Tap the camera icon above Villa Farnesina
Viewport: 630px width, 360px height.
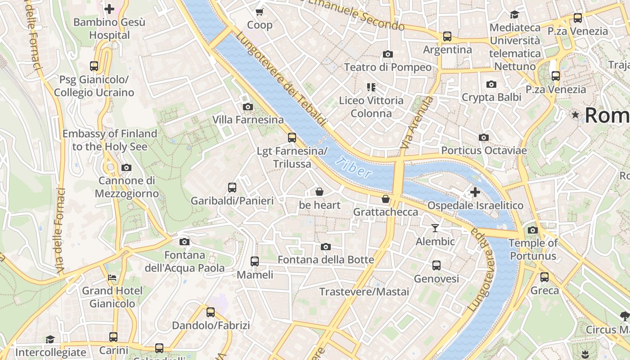pyautogui.click(x=247, y=107)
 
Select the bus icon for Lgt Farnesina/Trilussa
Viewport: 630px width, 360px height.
pyautogui.click(x=292, y=138)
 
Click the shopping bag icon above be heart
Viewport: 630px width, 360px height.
pyautogui.click(x=319, y=192)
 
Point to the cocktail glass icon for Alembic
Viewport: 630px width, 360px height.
pyautogui.click(x=435, y=228)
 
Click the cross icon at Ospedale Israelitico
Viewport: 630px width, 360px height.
pyautogui.click(x=475, y=193)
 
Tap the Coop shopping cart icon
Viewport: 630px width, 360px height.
pyautogui.click(x=260, y=12)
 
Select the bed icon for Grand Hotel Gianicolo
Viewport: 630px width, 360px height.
pyautogui.click(x=112, y=277)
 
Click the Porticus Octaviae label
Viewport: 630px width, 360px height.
pyautogui.click(x=484, y=150)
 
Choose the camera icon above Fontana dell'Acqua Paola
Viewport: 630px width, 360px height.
pyautogui.click(x=184, y=242)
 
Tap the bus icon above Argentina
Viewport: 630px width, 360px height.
pyautogui.click(x=447, y=36)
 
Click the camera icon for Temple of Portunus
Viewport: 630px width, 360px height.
pyautogui.click(x=533, y=230)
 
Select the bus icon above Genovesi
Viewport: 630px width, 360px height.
pyautogui.click(x=436, y=265)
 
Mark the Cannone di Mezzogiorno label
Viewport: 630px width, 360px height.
pyautogui.click(x=127, y=187)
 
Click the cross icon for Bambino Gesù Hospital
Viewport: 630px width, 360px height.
pyautogui.click(x=109, y=9)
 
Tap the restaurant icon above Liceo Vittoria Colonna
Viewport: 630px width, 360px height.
pyautogui.click(x=371, y=87)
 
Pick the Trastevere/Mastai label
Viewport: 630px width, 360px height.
pyautogui.click(x=364, y=292)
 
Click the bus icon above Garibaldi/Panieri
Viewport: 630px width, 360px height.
pyautogui.click(x=232, y=188)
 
